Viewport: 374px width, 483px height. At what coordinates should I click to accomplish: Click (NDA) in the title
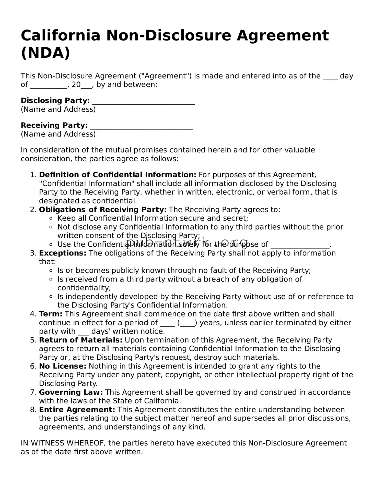[x=45, y=53]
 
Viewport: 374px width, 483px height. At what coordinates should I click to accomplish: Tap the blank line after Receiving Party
[x=141, y=126]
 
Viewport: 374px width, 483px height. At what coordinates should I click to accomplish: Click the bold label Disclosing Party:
[x=55, y=100]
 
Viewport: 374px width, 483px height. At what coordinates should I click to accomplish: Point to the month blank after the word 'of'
[x=49, y=85]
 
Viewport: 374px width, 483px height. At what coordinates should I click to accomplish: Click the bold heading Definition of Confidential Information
[x=118, y=175]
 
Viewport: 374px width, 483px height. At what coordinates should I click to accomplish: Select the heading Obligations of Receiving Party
[x=102, y=210]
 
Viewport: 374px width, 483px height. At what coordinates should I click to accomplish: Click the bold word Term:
[x=51, y=314]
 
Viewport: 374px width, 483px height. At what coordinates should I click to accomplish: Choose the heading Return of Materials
[x=80, y=340]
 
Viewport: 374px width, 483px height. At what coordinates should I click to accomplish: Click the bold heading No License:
[x=63, y=366]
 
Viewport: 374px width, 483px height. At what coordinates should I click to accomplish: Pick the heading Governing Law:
[x=71, y=392]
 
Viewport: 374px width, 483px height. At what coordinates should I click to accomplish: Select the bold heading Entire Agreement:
[x=77, y=410]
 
